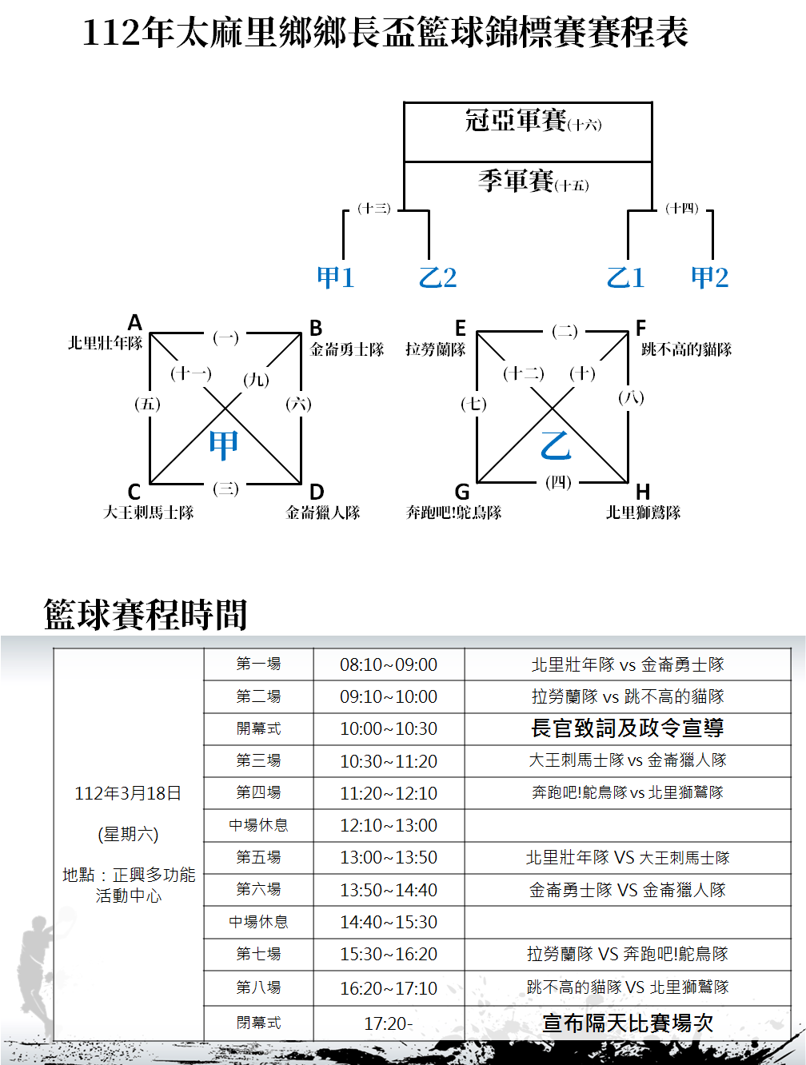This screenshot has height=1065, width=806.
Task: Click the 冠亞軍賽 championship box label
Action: pyautogui.click(x=517, y=121)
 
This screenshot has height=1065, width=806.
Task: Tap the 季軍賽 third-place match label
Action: pyautogui.click(x=517, y=181)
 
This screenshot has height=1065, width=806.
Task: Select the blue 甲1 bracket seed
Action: pyautogui.click(x=335, y=277)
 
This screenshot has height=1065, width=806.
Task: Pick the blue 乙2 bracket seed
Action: pyautogui.click(x=437, y=277)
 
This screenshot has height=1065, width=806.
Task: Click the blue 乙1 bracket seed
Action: pyautogui.click(x=625, y=277)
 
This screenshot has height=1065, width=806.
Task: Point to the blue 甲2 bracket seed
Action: pyautogui.click(x=710, y=277)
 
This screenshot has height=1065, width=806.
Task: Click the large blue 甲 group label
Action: pyautogui.click(x=223, y=445)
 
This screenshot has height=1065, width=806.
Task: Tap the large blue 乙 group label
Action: pyautogui.click(x=556, y=445)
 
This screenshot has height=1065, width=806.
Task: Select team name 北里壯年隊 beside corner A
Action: pyautogui.click(x=105, y=343)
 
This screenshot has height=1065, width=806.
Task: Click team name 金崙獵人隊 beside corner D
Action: pyautogui.click(x=323, y=513)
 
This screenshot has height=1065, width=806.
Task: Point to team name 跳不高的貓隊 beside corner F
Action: pyautogui.click(x=686, y=349)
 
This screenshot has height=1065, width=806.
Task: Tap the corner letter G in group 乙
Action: pyautogui.click(x=462, y=491)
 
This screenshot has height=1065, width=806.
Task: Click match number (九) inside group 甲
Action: pyautogui.click(x=256, y=380)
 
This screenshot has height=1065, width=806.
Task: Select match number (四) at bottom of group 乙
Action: pyautogui.click(x=558, y=482)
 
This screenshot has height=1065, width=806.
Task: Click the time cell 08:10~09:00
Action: pyautogui.click(x=389, y=664)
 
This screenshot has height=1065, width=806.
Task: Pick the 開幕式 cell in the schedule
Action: pyautogui.click(x=258, y=728)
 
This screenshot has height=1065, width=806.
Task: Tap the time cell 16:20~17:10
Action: pyautogui.click(x=389, y=988)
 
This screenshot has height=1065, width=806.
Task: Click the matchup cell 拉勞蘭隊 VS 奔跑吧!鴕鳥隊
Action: pyautogui.click(x=628, y=954)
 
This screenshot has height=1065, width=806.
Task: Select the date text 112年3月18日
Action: pyautogui.click(x=128, y=793)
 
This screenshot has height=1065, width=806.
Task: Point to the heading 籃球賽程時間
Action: pyautogui.click(x=146, y=614)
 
